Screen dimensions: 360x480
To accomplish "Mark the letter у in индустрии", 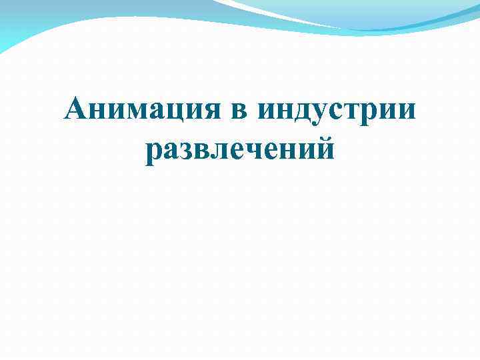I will point(315,113).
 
